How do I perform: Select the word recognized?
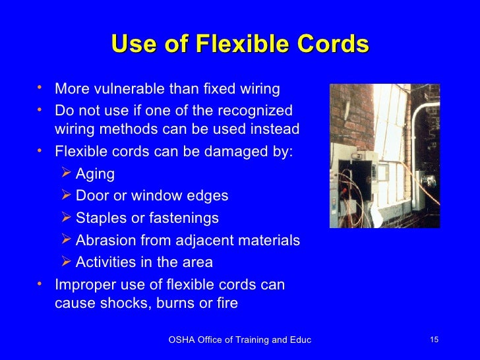point(253,109)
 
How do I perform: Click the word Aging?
point(95,174)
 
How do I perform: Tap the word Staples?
point(100,218)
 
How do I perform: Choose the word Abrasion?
point(106,240)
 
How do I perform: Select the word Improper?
point(83,285)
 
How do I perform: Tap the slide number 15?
point(434,340)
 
